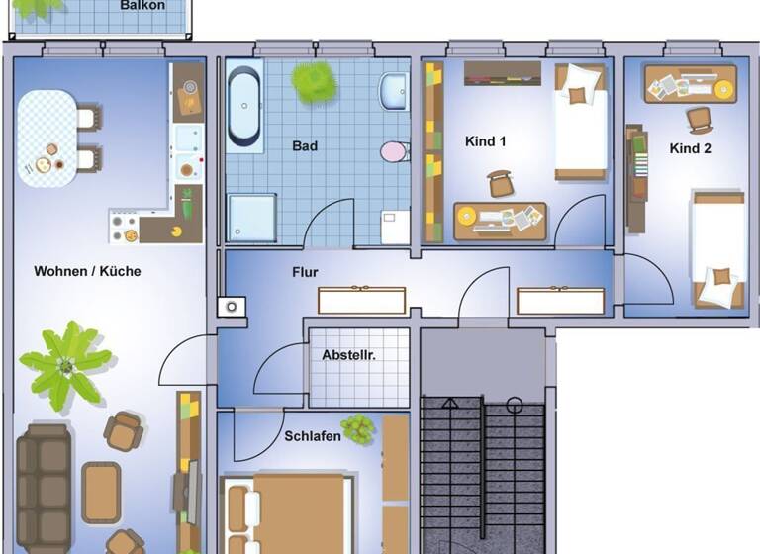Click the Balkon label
click(142, 6)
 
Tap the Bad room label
click(305, 146)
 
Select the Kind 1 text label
click(486, 141)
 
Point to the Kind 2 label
click(691, 149)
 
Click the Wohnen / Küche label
click(87, 271)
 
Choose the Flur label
click(305, 272)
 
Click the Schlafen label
click(313, 436)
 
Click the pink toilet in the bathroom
click(394, 151)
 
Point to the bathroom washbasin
click(393, 92)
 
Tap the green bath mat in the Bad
click(314, 81)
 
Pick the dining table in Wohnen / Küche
click(45, 138)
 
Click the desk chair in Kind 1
click(501, 184)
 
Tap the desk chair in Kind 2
click(701, 120)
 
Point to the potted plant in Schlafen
click(358, 428)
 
